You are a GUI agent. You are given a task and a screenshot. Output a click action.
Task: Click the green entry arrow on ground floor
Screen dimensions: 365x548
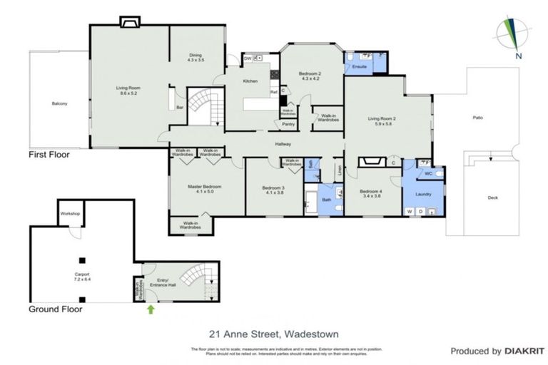click(151, 309)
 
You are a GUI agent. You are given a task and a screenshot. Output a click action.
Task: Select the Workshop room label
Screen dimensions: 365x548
click(69, 214)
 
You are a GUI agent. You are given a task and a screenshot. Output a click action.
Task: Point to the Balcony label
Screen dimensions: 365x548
click(59, 105)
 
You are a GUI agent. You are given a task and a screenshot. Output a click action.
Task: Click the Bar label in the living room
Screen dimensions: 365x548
click(180, 108)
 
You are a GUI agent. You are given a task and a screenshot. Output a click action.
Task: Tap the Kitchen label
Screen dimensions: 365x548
click(250, 81)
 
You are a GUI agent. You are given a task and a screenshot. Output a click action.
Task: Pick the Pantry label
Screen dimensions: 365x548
click(288, 124)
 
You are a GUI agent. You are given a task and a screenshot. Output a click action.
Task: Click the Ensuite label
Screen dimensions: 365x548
click(360, 66)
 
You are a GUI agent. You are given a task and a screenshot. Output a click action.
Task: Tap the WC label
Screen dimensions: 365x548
click(428, 173)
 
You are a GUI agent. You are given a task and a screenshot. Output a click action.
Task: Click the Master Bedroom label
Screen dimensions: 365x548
click(205, 189)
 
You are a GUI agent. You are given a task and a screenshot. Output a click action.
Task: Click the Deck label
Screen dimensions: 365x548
click(492, 198)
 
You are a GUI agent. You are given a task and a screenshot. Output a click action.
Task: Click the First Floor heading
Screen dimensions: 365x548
click(49, 154)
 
